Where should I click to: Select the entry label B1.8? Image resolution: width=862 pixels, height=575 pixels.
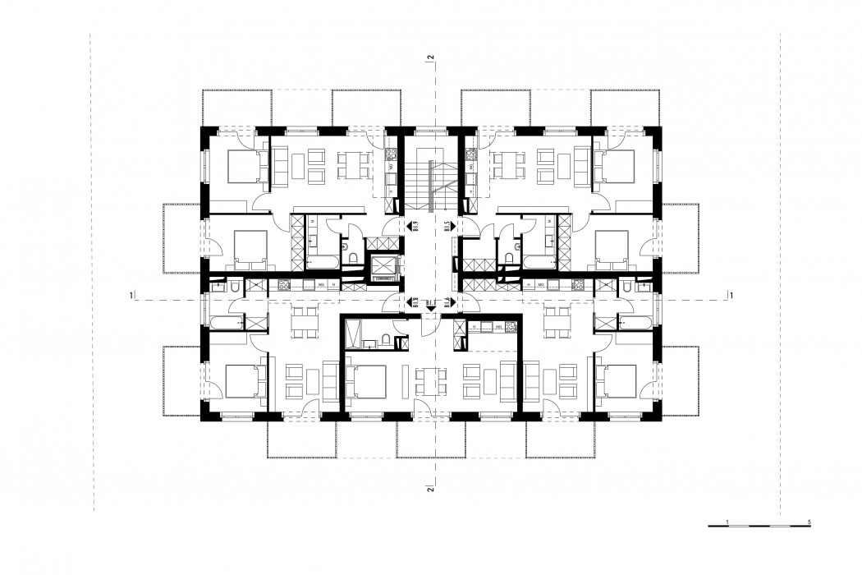click(x=415, y=302)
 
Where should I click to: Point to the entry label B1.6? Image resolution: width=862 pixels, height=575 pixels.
click(x=447, y=302)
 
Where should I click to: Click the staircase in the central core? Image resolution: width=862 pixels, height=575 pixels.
click(x=431, y=177)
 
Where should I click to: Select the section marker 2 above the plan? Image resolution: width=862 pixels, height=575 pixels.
click(x=430, y=57)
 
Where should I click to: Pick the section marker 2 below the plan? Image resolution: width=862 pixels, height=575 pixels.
click(x=430, y=490)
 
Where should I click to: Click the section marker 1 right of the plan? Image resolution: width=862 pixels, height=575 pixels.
click(x=730, y=294)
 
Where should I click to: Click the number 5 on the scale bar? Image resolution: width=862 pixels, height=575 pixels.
click(x=810, y=522)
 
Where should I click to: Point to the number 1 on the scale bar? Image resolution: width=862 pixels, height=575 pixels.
click(x=728, y=522)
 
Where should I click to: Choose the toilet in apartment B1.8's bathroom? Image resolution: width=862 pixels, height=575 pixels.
click(x=235, y=287)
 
